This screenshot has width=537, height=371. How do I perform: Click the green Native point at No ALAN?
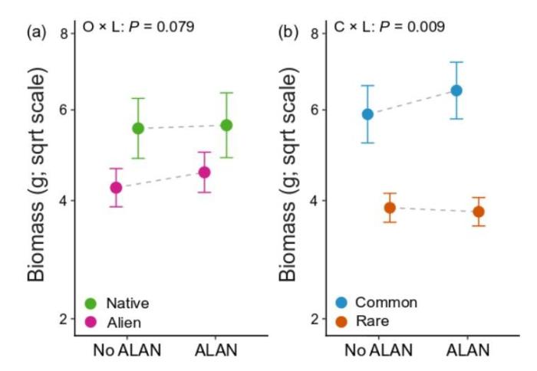click(138, 128)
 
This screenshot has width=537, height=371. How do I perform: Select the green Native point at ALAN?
click(226, 125)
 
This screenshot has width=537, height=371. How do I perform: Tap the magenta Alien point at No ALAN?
click(116, 187)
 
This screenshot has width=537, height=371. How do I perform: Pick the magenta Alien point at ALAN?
click(204, 172)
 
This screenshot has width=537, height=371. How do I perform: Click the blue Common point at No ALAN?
click(368, 114)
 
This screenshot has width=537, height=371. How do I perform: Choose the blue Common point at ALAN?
click(456, 90)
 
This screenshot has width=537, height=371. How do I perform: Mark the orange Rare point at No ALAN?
click(390, 207)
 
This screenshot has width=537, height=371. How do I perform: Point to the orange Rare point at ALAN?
click(479, 212)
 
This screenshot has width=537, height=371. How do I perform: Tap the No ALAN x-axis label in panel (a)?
click(127, 350)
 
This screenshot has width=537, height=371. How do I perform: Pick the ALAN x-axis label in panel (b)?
click(467, 350)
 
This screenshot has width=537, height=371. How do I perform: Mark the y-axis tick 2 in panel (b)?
click(315, 319)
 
